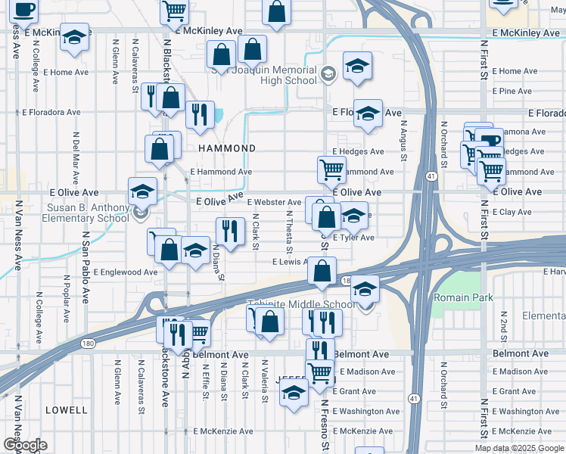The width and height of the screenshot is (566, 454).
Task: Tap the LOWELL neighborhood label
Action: tap(67, 410)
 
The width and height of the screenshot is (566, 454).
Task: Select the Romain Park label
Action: tap(463, 297)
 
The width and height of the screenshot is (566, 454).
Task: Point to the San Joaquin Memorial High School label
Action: tap(263, 75)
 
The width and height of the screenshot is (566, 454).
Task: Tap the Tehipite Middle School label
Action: tap(301, 305)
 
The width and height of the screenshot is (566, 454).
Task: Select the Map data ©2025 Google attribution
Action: tap(519, 448)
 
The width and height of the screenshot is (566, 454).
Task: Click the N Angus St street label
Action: tap(404, 140)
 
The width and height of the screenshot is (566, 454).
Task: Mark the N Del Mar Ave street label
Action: tap(76, 159)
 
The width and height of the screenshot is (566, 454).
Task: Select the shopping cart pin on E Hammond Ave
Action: tap(331, 169)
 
